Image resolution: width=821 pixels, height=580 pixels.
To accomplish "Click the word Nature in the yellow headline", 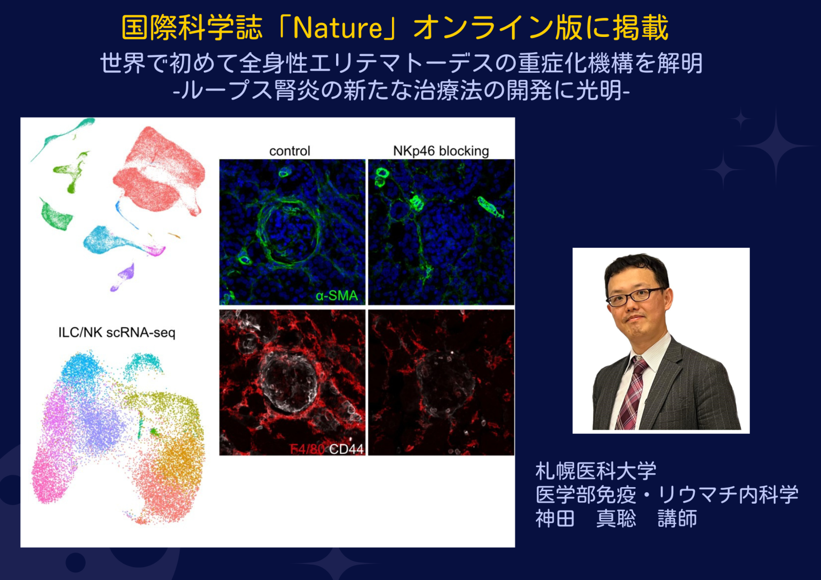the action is [x=338, y=28].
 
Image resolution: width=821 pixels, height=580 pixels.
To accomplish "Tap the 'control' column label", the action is [x=289, y=151].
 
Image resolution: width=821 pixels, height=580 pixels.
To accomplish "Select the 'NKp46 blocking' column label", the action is [x=441, y=151].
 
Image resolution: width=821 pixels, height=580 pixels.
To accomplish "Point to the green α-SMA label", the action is [x=337, y=295].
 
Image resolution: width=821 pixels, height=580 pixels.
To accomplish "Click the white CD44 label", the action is [x=346, y=449].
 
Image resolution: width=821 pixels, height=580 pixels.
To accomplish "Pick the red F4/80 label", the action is [x=307, y=449].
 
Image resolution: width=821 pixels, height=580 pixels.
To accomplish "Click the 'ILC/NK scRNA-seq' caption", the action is [x=117, y=333].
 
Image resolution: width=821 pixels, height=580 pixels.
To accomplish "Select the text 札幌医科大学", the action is [x=596, y=471].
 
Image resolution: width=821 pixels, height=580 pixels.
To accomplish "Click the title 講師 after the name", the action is [x=677, y=518].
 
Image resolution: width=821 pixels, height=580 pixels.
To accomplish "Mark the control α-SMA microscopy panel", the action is [x=292, y=232].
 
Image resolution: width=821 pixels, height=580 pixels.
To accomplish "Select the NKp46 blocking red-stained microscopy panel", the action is [x=441, y=383].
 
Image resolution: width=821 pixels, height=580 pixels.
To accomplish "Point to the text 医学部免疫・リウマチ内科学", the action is [x=667, y=495].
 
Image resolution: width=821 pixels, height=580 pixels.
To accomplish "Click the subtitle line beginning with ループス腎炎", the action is [x=401, y=90].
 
